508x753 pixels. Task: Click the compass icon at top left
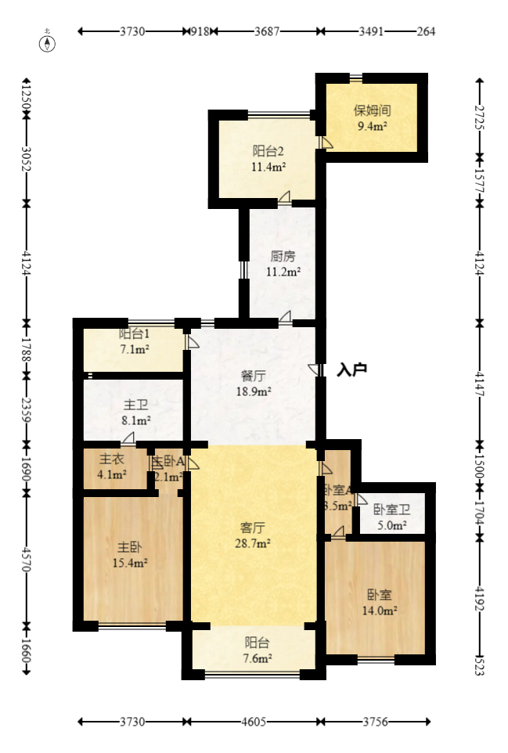pos(49,41)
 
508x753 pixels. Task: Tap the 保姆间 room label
pos(372,110)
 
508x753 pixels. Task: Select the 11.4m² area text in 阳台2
pos(268,166)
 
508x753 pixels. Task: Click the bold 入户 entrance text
pos(351,369)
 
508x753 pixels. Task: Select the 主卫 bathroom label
pos(135,405)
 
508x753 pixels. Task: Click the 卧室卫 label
pos(390,510)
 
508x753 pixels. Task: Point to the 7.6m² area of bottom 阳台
pos(256,658)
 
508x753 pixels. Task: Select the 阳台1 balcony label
pos(134,333)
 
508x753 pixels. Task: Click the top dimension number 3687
pos(265,31)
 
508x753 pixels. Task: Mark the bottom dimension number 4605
pos(254,722)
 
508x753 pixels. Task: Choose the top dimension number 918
pos(200,31)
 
